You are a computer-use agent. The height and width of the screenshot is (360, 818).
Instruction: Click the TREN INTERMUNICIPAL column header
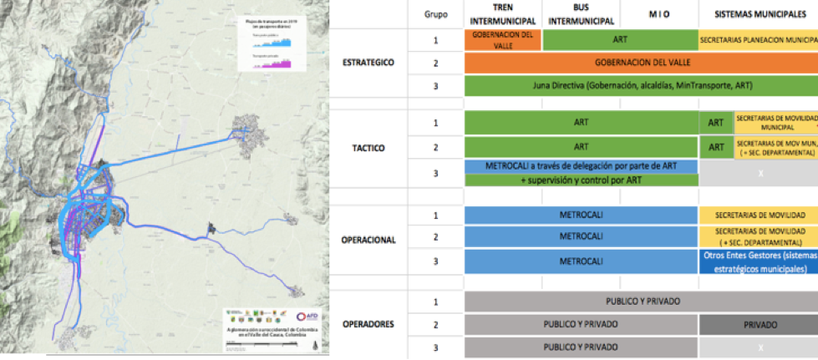(503, 13)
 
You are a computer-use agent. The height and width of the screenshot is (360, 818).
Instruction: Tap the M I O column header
(659, 14)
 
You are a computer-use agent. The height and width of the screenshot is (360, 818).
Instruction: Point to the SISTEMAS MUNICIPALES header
(758, 14)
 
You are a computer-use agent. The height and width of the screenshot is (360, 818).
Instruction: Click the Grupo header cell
(435, 14)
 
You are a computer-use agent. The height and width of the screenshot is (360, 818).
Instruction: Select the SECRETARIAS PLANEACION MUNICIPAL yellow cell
(758, 39)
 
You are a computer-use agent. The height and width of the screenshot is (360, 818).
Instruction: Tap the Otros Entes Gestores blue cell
(758, 261)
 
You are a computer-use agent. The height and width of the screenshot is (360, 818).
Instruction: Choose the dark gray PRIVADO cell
(758, 324)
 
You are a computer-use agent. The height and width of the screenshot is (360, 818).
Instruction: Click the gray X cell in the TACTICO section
(758, 172)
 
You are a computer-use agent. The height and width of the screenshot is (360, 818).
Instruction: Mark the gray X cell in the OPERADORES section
(758, 346)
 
